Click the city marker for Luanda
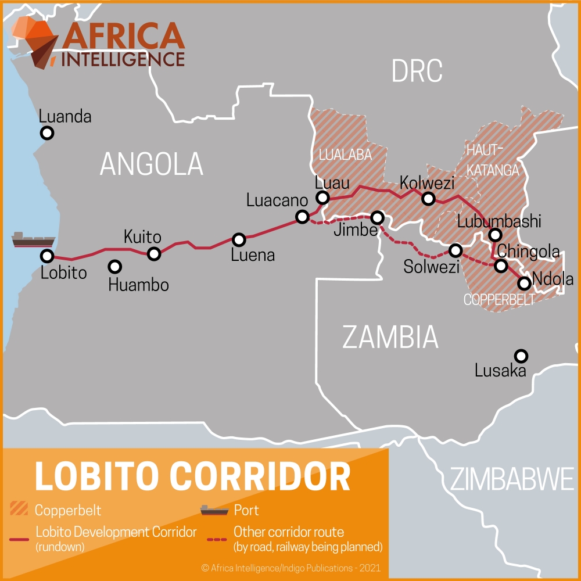(47, 134)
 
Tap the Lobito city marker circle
(46, 256)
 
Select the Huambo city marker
(115, 267)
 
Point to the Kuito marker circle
(154, 253)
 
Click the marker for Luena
(239, 239)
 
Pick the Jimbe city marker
(378, 218)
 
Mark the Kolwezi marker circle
(428, 199)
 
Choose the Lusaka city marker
(521, 356)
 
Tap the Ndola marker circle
(524, 283)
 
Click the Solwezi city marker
(456, 250)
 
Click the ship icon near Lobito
(33, 239)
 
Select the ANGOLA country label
(152, 164)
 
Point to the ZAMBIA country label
(390, 337)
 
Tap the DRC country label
(417, 71)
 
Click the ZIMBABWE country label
(512, 480)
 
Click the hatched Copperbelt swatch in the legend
(20, 510)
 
